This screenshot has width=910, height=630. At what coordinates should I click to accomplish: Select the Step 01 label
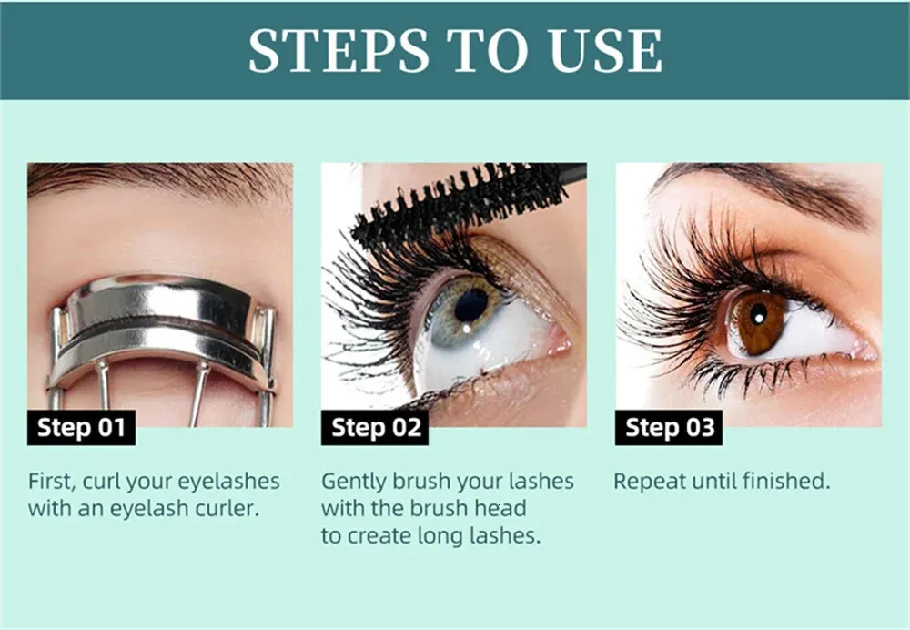click(x=81, y=427)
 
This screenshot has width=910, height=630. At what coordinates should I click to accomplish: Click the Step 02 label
click(x=375, y=427)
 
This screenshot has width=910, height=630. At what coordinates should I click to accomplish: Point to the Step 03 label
click(x=669, y=427)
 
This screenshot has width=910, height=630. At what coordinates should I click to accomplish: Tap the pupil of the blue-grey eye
click(x=471, y=304)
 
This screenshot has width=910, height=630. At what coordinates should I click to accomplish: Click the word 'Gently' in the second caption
click(x=354, y=482)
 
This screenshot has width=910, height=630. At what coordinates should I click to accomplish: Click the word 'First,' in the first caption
click(x=53, y=481)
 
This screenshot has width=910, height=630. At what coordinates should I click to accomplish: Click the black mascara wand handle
click(x=571, y=171)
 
